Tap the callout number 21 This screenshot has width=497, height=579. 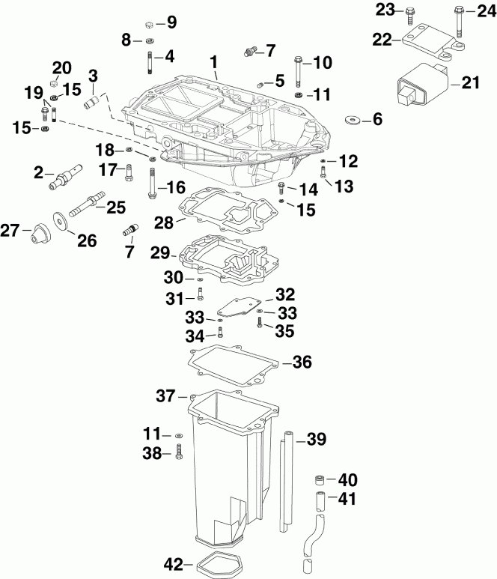coord(469,83)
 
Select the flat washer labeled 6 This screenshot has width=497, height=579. coord(353,119)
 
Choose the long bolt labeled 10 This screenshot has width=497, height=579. coord(299,71)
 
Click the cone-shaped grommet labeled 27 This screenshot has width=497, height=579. coord(35,234)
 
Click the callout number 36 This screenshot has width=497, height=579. coord(301,363)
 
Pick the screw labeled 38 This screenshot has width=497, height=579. coord(180,453)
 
